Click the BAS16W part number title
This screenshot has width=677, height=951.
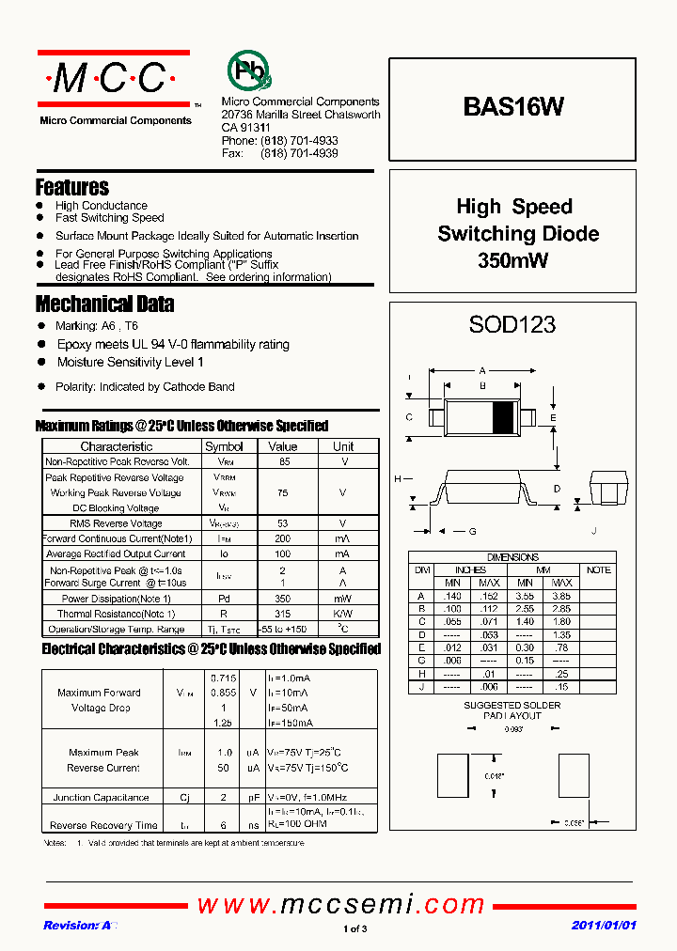click(x=512, y=107)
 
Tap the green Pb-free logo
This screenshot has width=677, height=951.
click(x=248, y=71)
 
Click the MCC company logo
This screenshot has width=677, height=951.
click(x=113, y=79)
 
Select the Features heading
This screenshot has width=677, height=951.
click(x=72, y=187)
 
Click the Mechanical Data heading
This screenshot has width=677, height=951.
click(x=104, y=304)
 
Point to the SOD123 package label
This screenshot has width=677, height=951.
click(x=512, y=325)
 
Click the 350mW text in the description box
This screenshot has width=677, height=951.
click(x=512, y=261)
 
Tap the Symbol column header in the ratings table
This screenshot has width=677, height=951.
click(x=224, y=446)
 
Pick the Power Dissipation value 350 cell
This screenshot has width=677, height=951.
click(x=282, y=599)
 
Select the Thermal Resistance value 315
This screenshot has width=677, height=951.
click(x=282, y=614)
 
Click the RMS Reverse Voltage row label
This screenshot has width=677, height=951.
click(x=117, y=523)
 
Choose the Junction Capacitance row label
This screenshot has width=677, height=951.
click(x=101, y=798)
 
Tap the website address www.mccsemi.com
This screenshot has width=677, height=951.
click(x=340, y=904)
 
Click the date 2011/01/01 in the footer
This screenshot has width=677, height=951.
click(x=605, y=926)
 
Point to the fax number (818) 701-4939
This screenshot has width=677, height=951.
click(x=299, y=153)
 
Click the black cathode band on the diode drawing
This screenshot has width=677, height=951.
click(x=505, y=416)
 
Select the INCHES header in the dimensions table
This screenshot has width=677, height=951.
click(x=470, y=570)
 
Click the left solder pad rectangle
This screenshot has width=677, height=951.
click(x=452, y=776)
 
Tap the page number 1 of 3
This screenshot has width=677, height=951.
click(x=355, y=929)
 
